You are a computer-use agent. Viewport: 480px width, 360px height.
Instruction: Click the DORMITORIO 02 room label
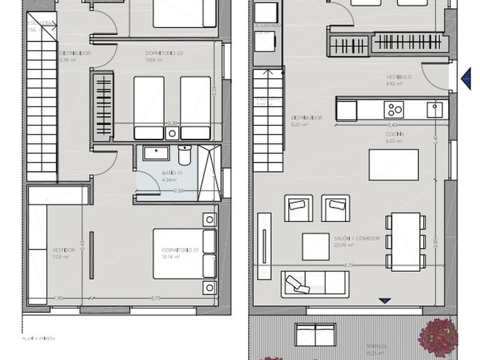164,53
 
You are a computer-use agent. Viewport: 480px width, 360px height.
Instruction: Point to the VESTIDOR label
64,250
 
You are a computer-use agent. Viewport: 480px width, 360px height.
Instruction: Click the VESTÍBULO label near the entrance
399,76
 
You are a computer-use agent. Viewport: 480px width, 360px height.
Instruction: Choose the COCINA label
394,134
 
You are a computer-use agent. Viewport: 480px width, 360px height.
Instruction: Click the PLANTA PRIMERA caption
39,339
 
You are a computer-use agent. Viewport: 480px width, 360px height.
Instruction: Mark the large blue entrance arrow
466,78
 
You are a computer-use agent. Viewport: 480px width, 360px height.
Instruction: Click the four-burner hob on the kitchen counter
395,110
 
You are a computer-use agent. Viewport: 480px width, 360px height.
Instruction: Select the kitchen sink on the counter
435,110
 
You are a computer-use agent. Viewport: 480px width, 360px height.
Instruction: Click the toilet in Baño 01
185,154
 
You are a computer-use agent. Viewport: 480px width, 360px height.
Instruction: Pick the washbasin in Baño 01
152,153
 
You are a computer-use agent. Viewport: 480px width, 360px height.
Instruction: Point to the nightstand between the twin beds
172,132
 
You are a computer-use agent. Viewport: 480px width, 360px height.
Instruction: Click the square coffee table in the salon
316,247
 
